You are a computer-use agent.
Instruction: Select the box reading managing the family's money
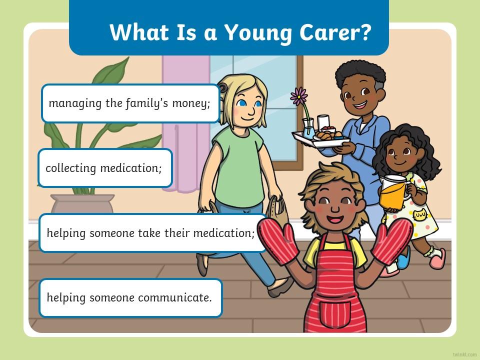tap(130, 103)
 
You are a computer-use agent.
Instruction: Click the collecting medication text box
tap(105, 168)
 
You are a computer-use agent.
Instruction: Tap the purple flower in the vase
tap(299, 96)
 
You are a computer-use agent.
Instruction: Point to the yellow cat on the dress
tap(420, 215)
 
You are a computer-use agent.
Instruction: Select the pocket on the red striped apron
tap(335, 314)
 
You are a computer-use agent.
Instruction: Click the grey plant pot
tap(82, 203)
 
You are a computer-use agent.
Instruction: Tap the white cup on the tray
tap(323, 122)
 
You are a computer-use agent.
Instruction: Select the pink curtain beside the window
tap(185, 122)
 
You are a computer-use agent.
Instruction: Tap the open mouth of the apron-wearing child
tap(335, 219)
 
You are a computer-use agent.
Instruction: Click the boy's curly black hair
tap(360, 73)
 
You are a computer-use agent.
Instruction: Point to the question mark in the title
tap(364, 32)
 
